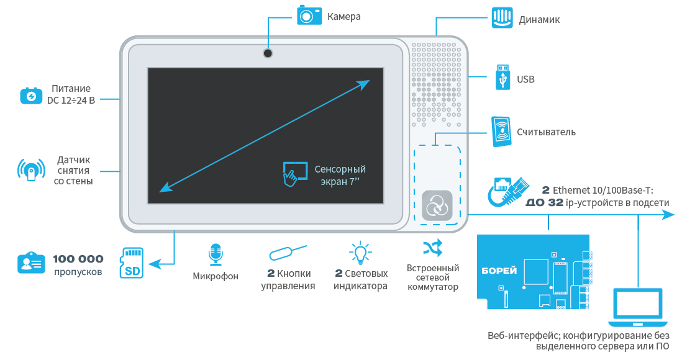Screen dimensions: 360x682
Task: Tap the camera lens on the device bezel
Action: (268, 53)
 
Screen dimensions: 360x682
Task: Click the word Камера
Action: (343, 17)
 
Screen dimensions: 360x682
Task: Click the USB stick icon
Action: (501, 77)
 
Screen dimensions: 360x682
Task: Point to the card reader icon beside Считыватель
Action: (501, 132)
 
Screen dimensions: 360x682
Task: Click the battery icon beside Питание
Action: (30, 95)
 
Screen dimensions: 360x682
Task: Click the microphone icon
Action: (216, 255)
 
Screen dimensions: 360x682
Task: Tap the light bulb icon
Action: (360, 253)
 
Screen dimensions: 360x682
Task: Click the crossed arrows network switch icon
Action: (432, 248)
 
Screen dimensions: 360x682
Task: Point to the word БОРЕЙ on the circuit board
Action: (499, 271)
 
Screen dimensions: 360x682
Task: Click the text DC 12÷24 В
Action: (71, 99)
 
